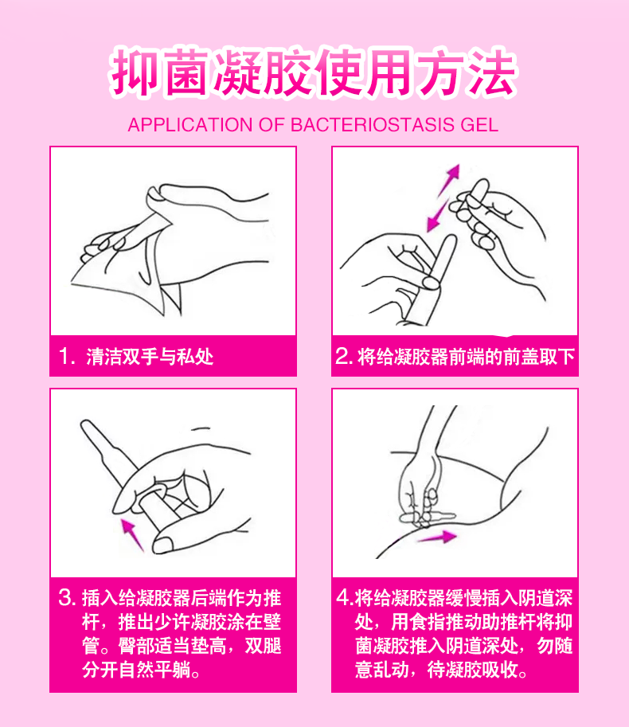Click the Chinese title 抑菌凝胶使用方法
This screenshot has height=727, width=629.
point(314,73)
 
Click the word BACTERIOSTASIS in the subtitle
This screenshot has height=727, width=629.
point(372,125)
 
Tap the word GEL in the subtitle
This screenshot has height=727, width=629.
point(479,125)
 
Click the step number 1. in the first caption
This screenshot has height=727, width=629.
point(67,356)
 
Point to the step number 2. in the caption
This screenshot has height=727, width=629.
point(345,356)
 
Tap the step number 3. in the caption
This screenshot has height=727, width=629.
point(67,598)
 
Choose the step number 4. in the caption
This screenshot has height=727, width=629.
point(345,598)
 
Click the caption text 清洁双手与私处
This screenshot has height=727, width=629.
point(150,357)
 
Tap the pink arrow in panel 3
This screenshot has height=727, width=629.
point(132,534)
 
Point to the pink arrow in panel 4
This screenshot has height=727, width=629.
point(436,537)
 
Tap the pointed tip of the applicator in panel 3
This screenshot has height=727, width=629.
point(84,424)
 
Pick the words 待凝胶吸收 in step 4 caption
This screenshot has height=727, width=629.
point(472,670)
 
